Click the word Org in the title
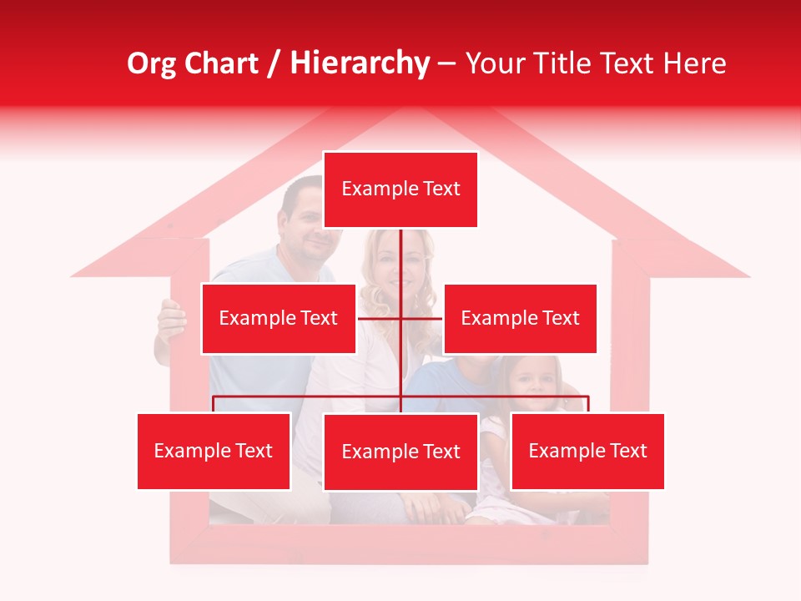(151, 63)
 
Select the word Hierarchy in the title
(360, 63)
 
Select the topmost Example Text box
(400, 189)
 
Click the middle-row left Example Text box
(279, 318)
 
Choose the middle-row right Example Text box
(520, 318)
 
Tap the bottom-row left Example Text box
(214, 451)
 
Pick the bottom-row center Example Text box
(400, 452)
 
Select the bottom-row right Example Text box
(587, 451)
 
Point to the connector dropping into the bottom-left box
(214, 404)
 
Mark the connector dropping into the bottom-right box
(588, 404)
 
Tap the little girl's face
(534, 381)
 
